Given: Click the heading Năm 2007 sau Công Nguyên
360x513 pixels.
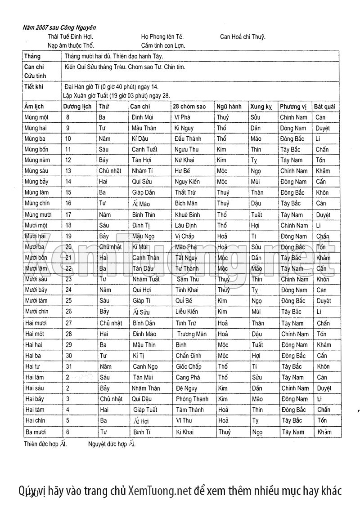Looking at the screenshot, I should (59, 27).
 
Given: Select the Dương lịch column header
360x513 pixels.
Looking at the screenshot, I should (78, 107).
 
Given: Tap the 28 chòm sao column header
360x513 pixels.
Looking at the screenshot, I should (189, 107).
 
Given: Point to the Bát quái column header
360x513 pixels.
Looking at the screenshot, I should (324, 107).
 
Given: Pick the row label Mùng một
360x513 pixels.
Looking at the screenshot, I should (37, 117).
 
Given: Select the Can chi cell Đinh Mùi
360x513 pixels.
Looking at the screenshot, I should (144, 117).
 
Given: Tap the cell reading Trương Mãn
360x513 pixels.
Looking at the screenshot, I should (192, 334).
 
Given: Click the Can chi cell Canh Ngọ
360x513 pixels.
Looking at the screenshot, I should (145, 366).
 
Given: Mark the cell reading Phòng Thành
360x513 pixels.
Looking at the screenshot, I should (192, 399).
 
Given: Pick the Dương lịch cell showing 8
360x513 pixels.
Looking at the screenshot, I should (67, 117).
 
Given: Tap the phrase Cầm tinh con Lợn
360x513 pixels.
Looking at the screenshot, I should (163, 45).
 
